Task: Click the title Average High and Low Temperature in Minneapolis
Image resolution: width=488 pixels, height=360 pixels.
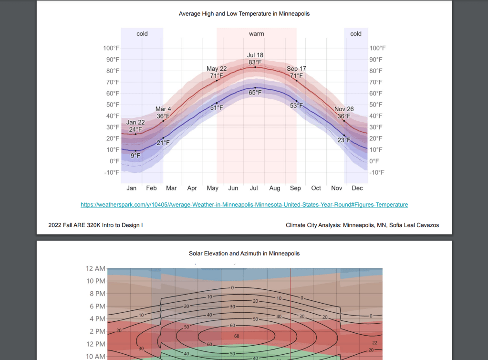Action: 244,14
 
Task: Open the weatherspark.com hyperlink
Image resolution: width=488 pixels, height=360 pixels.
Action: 244,204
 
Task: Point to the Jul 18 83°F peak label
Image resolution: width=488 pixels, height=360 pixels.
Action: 255,59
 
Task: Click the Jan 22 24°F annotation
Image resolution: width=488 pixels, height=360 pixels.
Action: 135,126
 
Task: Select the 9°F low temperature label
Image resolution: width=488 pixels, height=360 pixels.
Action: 135,156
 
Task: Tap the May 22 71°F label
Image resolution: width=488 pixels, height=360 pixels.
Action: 217,72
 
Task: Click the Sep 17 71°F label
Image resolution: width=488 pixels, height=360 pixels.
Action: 296,72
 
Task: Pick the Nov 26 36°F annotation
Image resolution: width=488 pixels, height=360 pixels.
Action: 344,113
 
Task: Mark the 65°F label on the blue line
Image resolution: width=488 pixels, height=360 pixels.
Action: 255,93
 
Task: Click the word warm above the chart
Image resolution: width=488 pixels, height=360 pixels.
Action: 256,34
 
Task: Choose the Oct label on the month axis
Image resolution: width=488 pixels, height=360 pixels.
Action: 316,188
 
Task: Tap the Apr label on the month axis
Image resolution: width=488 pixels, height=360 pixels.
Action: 192,188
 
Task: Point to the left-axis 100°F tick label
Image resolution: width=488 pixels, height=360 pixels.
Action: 111,48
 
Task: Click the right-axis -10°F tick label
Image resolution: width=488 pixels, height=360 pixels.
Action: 377,172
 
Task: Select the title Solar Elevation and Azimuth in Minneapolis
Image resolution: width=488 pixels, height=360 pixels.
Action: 244,254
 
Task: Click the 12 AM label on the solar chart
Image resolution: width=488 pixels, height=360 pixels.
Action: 95,269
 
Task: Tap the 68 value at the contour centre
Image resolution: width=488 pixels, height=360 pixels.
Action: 237,336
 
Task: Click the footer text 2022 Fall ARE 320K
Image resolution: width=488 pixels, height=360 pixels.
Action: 95,225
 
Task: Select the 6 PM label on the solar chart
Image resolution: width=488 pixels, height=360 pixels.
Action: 98,306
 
